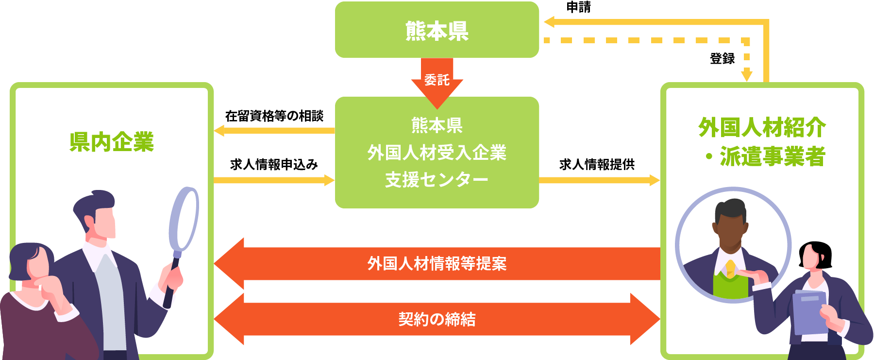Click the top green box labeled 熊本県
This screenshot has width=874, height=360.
coord(437,30)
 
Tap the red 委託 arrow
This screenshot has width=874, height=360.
coord(437,81)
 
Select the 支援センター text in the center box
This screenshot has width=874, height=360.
coord(437,180)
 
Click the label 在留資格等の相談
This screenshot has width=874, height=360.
coord(274,116)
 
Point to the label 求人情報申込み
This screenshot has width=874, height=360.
coord(274,165)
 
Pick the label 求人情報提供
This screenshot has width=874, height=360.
coord(597,165)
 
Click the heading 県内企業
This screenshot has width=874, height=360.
coord(112,142)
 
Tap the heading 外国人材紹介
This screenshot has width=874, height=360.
coord(762,127)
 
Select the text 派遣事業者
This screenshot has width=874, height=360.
coord(773,156)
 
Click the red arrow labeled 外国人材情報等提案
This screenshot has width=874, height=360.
coord(437,264)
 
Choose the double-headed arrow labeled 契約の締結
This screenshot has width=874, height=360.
coord(437,319)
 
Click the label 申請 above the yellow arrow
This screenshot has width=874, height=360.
coord(579,7)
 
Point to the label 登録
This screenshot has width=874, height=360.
coord(723,59)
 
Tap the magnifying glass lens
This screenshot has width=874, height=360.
coord(184,219)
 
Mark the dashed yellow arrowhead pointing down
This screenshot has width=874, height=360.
coord(747,76)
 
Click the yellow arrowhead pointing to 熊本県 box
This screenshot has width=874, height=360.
coord(549,22)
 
